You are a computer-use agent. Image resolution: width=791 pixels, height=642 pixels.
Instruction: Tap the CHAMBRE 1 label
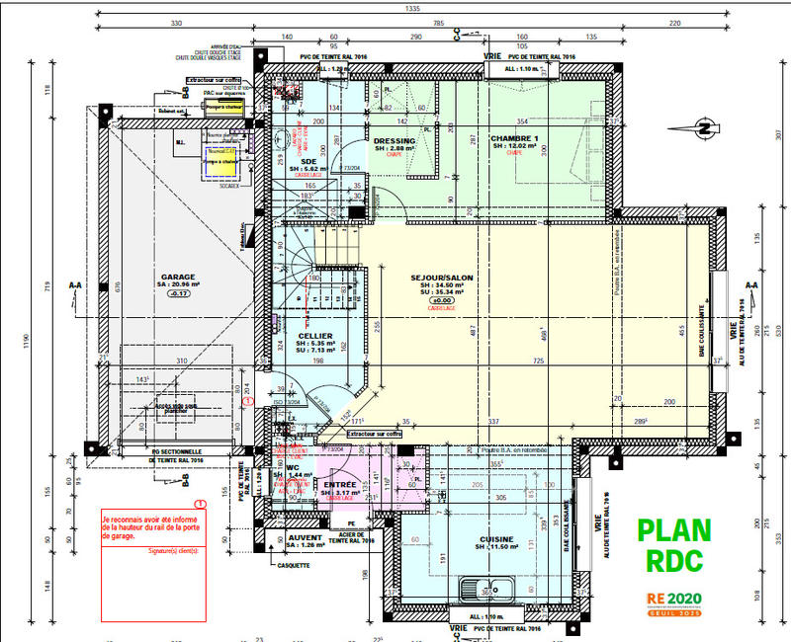pos(513,139)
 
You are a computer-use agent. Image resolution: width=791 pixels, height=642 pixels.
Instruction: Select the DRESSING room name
pos(395,140)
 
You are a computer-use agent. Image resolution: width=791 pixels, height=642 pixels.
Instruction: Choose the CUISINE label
pos(495,539)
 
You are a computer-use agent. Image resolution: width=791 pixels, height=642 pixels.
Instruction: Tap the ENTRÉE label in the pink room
pos(340,485)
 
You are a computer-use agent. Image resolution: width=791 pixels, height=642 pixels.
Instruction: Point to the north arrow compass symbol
pos(703,125)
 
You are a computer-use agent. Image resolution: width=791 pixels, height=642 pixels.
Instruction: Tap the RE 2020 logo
pos(675,600)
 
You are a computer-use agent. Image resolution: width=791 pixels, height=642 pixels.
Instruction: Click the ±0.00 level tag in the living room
pos(442,299)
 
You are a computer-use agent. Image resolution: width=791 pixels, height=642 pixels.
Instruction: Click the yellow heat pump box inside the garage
pos(222,163)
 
